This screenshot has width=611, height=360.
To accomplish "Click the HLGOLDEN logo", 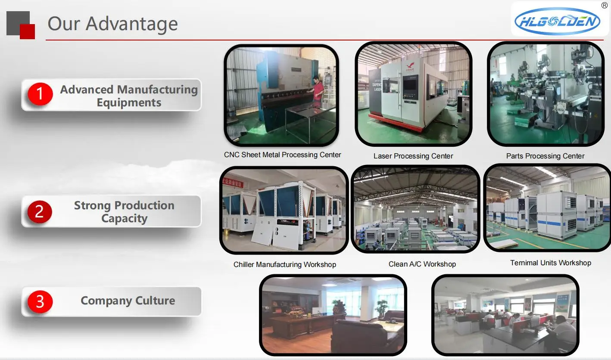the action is tap(557, 21).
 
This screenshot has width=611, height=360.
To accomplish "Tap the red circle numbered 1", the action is tap(40, 94).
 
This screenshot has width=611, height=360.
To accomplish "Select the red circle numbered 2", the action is tap(40, 212).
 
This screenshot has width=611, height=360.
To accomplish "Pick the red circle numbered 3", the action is tap(40, 302).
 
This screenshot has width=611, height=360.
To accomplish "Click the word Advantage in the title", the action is tap(131, 24).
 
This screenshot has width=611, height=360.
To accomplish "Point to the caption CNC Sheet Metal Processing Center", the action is tap(282, 155).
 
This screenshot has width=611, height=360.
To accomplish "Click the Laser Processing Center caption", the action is tap(413, 156).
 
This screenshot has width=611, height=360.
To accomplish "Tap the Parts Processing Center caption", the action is tap(545, 156).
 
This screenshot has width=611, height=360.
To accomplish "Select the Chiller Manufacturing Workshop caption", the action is tap(285, 264).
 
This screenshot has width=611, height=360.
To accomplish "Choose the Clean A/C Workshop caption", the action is tap(422, 264).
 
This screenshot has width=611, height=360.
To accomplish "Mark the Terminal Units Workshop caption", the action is tap(551, 263).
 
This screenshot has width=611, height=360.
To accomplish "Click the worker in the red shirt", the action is tap(318, 89).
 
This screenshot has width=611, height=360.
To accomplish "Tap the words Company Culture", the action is tap(128, 301).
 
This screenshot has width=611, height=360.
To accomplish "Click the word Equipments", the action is tap(129, 103).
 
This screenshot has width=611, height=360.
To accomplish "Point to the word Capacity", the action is tap(125, 219).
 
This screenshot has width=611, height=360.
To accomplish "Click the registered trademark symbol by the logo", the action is tap(605, 5).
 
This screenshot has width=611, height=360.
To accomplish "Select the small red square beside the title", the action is tap(27, 31).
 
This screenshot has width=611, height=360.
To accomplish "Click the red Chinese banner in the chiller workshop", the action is tap(232, 182).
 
